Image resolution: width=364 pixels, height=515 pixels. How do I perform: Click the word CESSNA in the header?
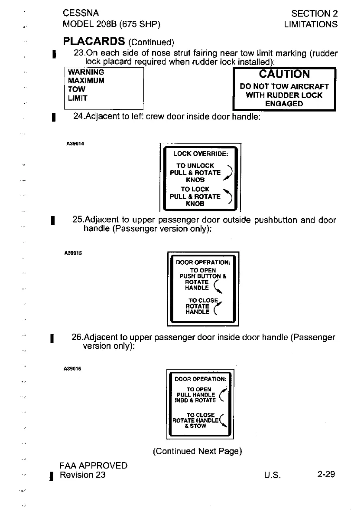pyautogui.click(x=81, y=13)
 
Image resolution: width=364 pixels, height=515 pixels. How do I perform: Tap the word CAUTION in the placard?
pyautogui.click(x=284, y=74)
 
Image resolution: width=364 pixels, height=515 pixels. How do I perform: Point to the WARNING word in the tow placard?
pyautogui.click(x=83, y=72)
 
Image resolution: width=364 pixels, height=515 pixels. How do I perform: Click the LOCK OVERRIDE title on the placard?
pyautogui.click(x=201, y=153)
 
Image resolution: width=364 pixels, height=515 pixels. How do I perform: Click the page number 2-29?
pyautogui.click(x=326, y=474)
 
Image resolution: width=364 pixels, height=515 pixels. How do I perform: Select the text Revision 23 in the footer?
pyautogui.click(x=83, y=475)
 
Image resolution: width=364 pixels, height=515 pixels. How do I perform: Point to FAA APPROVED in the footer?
pyautogui.click(x=94, y=466)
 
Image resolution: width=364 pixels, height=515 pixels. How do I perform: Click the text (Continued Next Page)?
pyautogui.click(x=197, y=451)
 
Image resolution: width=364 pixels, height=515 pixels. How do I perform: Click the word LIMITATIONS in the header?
pyautogui.click(x=310, y=24)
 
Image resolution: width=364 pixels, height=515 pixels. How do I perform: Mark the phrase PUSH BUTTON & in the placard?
pyautogui.click(x=203, y=276)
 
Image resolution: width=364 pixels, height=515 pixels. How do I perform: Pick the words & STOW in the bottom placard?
pyautogui.click(x=195, y=426)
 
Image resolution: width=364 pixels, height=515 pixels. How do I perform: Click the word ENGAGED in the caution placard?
pyautogui.click(x=284, y=104)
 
